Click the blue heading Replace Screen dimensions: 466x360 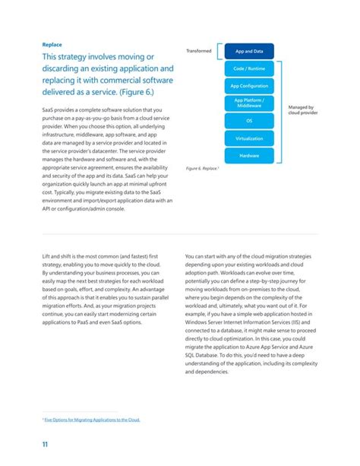(52, 44)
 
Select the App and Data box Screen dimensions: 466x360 (249, 51)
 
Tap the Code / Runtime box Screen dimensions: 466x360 (249, 68)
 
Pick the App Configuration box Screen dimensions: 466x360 (249, 86)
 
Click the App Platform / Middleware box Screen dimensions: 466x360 (249, 103)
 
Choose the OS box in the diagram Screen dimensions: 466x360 (249, 120)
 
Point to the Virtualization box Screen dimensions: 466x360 (249, 138)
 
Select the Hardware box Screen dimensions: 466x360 (249, 155)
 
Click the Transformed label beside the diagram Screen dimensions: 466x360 (199, 51)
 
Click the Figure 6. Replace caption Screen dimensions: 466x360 (203, 168)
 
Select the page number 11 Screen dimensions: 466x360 (46, 445)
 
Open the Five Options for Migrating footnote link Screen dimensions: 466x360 (92, 419)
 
